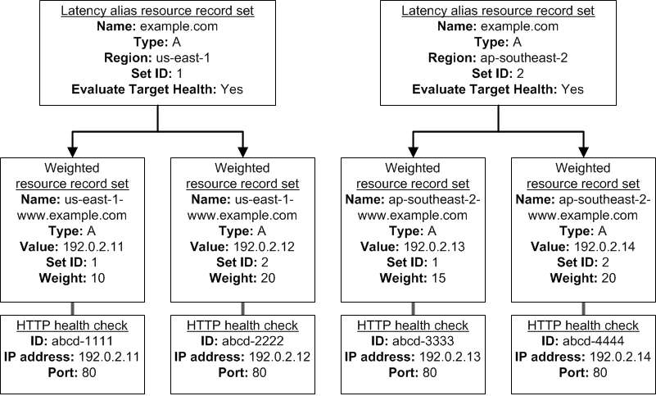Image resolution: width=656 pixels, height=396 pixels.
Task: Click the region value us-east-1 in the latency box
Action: (x=183, y=58)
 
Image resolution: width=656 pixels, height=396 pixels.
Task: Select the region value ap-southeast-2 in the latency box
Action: (x=524, y=58)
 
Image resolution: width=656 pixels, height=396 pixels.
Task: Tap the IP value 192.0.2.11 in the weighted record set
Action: (x=93, y=247)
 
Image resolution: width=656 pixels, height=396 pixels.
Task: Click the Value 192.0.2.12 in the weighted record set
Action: (x=264, y=247)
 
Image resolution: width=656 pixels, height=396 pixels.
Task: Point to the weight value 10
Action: (x=97, y=278)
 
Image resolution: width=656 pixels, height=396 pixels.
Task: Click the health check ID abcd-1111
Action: (x=82, y=341)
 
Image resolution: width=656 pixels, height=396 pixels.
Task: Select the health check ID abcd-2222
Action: (x=253, y=341)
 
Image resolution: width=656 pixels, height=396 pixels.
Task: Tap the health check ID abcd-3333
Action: (x=423, y=341)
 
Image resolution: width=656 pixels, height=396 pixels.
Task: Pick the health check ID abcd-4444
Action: (x=593, y=341)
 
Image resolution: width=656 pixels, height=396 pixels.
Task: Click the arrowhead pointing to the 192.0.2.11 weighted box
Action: (x=72, y=152)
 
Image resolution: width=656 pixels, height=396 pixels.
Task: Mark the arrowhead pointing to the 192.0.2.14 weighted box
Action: (x=584, y=152)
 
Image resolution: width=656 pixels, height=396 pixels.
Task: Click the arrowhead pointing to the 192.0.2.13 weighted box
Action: (x=413, y=152)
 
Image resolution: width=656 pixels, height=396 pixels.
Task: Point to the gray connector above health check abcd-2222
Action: (x=242, y=309)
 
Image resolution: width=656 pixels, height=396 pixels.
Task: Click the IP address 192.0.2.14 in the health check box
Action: (x=621, y=357)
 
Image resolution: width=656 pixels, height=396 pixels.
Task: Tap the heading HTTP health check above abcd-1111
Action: (x=72, y=325)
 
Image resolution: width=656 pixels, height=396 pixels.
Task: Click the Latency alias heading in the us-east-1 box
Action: (x=157, y=11)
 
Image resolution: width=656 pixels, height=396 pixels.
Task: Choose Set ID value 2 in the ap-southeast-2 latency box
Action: (x=519, y=74)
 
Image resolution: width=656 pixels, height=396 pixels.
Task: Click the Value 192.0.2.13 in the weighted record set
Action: (x=434, y=247)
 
